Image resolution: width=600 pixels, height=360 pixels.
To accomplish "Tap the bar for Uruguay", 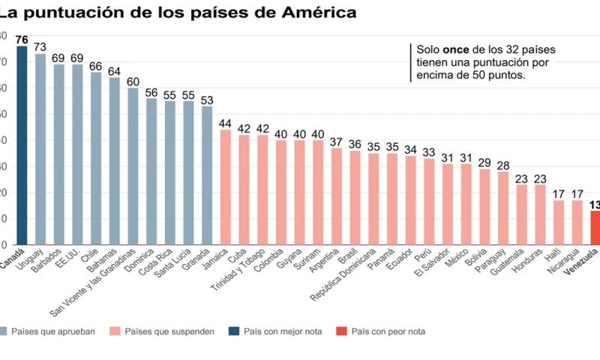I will pos(40,149).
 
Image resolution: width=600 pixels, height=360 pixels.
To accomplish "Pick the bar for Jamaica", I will pos(225,187).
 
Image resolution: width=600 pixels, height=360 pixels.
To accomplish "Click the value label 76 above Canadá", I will pos(22,39).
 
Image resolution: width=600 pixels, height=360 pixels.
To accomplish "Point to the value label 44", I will pos(225,123).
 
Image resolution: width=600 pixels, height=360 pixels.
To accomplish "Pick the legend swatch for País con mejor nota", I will pos(234,331).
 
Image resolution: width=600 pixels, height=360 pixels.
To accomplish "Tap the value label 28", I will pos(502,165).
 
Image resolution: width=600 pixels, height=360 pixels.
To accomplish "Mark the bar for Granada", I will pos(206,175).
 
